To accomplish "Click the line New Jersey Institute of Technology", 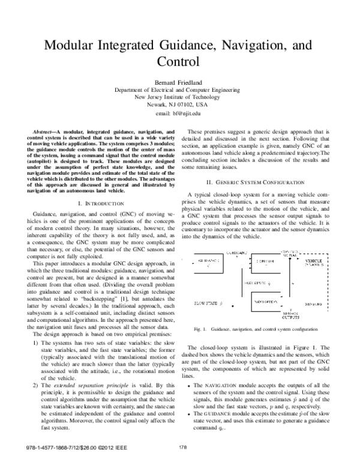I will tap(180, 97).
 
